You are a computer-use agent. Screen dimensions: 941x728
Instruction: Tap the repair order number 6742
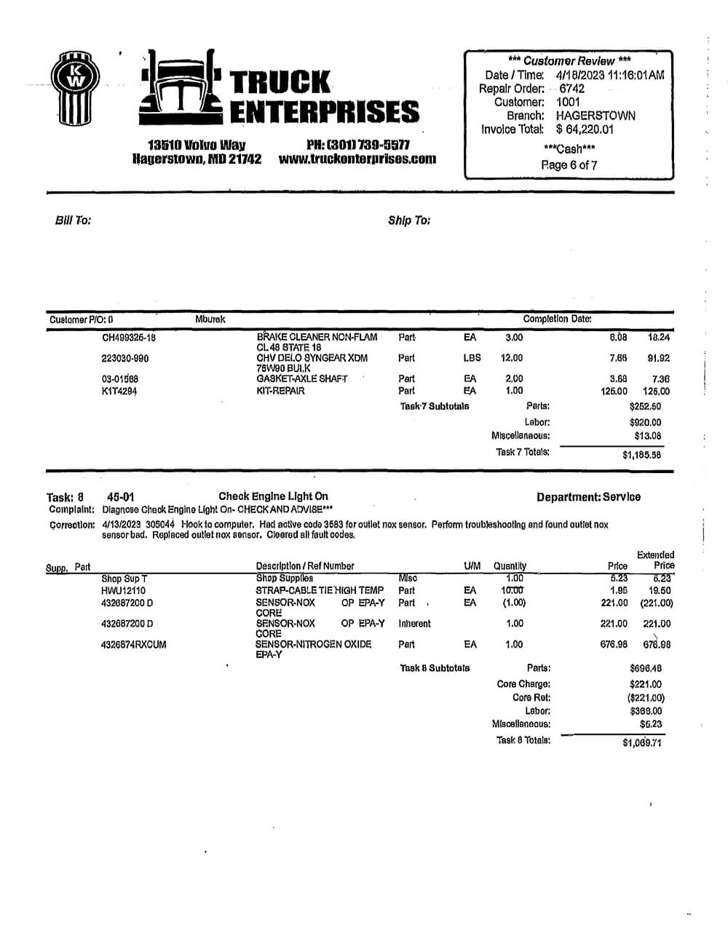click(571, 89)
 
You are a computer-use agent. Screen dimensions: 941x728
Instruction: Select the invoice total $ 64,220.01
click(585, 129)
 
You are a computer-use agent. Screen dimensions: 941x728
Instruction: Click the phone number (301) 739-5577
click(358, 145)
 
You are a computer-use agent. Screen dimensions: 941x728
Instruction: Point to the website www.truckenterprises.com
click(357, 159)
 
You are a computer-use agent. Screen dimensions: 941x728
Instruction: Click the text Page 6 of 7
click(569, 164)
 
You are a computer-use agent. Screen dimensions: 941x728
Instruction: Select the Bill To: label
click(73, 220)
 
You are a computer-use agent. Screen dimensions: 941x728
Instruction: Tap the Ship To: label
click(408, 220)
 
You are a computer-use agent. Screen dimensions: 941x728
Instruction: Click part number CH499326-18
click(129, 338)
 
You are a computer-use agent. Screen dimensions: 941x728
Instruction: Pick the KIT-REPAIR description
click(280, 391)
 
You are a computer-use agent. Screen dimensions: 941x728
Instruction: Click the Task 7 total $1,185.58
click(641, 455)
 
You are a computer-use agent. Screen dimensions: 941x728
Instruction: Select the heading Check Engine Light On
click(273, 496)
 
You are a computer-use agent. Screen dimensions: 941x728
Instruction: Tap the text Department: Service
click(588, 497)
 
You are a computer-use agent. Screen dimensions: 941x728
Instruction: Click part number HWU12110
click(123, 591)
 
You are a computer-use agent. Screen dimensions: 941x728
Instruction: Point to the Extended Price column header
click(655, 560)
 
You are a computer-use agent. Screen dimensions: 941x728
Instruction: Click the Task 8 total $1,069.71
click(641, 743)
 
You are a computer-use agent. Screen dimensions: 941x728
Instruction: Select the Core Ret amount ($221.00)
click(645, 698)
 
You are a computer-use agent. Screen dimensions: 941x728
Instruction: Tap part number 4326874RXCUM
click(133, 644)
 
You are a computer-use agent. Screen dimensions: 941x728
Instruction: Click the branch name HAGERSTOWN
click(595, 116)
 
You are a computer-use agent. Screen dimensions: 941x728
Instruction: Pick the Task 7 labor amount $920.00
click(645, 422)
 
